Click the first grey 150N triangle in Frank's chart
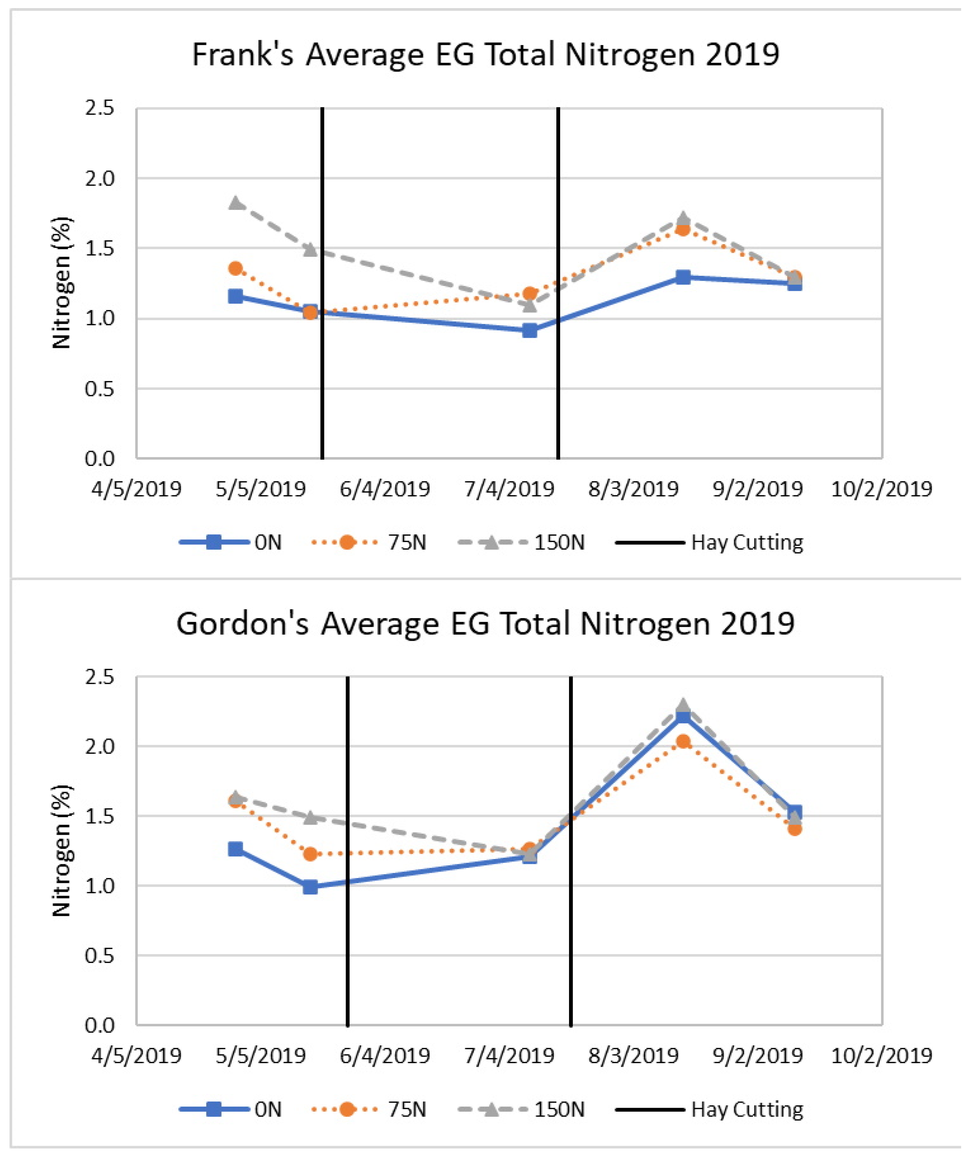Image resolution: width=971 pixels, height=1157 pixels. pos(237,204)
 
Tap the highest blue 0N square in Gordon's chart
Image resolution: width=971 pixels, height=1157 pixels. pos(689,722)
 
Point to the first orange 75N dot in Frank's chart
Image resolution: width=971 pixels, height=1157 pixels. pos(237,270)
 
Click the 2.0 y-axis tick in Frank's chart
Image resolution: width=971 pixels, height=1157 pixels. pos(100,180)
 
